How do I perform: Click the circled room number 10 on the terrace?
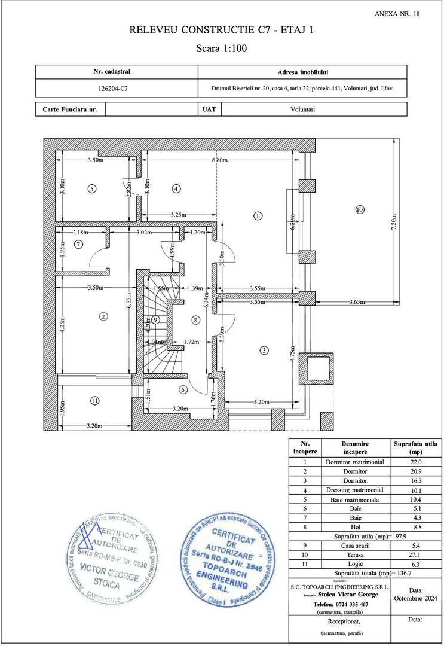point(359,209)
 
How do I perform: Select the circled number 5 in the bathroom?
point(91,188)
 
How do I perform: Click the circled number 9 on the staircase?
point(155,320)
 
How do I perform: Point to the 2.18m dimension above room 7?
point(81,232)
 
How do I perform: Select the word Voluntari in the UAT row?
point(302,109)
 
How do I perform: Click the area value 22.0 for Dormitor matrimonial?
point(415,462)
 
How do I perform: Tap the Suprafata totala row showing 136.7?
point(365,573)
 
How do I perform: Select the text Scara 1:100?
point(222,48)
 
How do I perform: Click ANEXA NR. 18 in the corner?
point(397,14)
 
